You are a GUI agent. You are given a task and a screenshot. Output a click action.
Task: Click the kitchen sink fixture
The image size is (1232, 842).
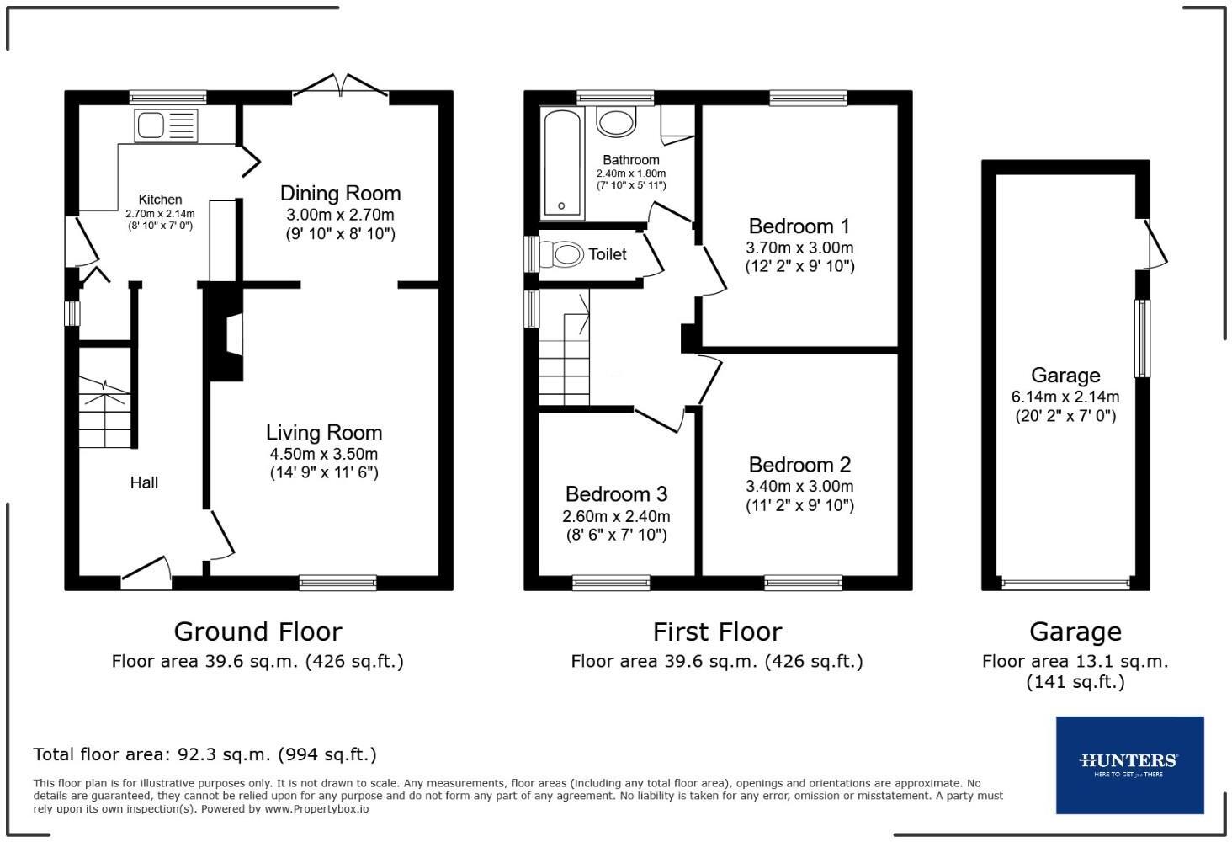[166, 125]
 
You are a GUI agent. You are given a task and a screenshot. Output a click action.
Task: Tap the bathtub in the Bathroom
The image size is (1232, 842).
[561, 163]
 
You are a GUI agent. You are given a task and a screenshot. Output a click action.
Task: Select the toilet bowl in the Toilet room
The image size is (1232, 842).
[561, 255]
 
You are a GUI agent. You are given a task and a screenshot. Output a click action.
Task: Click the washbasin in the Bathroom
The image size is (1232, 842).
[616, 121]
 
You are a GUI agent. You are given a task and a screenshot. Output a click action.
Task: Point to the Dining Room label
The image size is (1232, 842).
[341, 193]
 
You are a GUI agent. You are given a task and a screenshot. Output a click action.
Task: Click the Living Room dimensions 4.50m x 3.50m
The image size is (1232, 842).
[324, 454]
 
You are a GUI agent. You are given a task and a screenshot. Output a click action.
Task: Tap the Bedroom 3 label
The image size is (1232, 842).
[616, 493]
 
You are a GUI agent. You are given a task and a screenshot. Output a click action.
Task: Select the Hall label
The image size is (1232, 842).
[144, 482]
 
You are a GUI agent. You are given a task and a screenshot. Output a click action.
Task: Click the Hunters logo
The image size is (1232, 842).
[1129, 765]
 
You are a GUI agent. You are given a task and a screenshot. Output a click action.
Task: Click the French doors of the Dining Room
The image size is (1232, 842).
[341, 87]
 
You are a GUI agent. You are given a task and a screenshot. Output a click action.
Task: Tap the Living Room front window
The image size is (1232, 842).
[337, 583]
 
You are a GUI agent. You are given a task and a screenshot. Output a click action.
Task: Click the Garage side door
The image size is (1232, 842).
[1154, 244]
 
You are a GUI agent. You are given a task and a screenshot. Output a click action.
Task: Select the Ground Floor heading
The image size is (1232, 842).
[258, 631]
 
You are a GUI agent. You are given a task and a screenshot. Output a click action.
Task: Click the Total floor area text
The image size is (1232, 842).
[204, 754]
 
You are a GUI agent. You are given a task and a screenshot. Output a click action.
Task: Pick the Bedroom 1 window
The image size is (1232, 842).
[808, 98]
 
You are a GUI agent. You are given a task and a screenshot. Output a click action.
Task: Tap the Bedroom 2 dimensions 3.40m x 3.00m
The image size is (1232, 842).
[799, 487]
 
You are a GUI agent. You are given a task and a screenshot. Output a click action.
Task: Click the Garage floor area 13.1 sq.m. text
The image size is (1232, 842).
[1075, 671]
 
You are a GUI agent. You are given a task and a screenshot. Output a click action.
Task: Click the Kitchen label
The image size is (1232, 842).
[160, 200]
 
